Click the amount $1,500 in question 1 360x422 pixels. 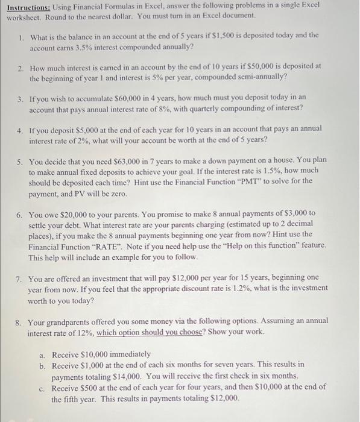[257, 36]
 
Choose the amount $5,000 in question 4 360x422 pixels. [86, 128]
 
